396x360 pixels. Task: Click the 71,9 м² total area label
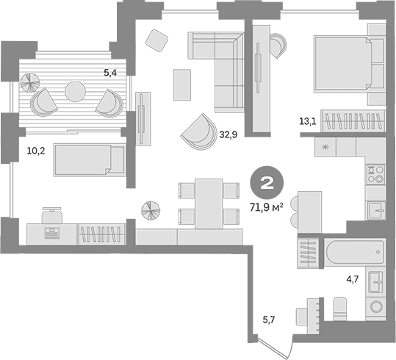(x=266, y=208)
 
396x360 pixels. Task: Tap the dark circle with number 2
(x=267, y=183)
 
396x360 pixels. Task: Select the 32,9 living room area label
(x=228, y=134)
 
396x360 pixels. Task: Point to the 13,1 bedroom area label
(x=308, y=121)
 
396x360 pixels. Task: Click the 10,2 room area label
(x=36, y=151)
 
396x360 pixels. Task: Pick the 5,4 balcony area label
(x=110, y=73)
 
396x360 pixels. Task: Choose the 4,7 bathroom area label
(x=353, y=279)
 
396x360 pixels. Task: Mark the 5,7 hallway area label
(x=268, y=320)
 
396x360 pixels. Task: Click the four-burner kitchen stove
(x=376, y=174)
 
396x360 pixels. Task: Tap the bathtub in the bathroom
(x=354, y=252)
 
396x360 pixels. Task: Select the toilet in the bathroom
(x=340, y=309)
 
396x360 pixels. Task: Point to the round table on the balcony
(x=75, y=91)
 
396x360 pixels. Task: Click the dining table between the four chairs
(x=209, y=204)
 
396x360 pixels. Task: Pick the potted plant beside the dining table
(x=151, y=210)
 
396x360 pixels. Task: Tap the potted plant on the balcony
(x=30, y=82)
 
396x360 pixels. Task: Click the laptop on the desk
(x=51, y=233)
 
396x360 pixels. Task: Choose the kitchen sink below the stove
(x=376, y=210)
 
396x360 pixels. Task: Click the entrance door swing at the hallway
(x=276, y=347)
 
